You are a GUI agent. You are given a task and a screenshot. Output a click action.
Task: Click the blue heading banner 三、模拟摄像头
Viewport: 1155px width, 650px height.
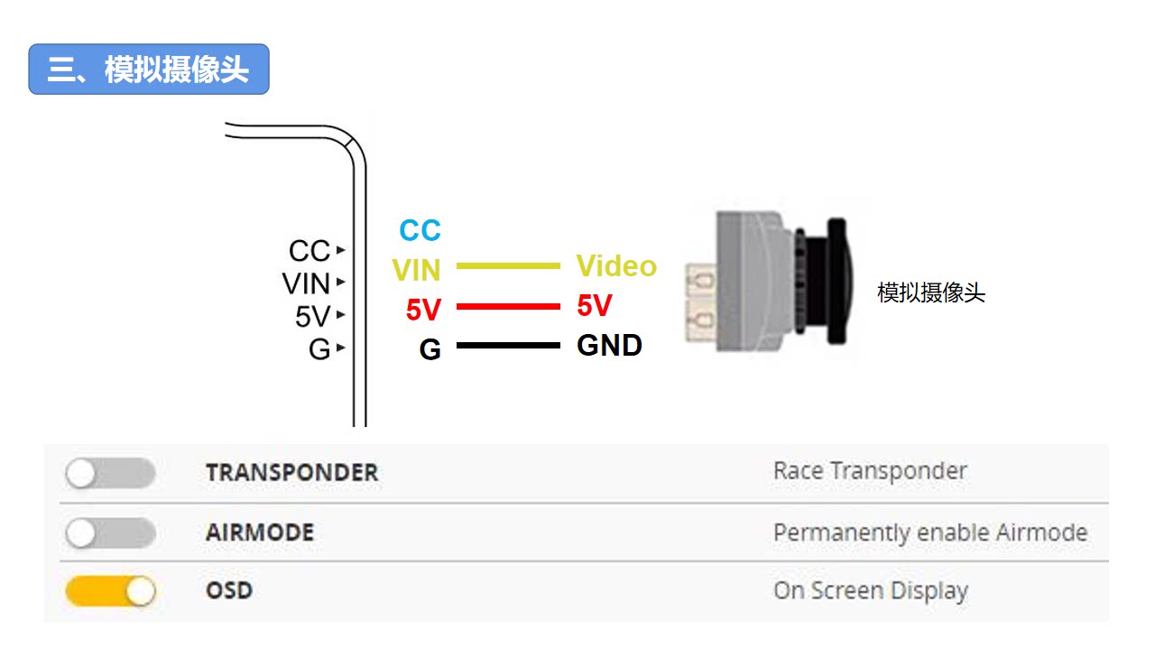coord(149,70)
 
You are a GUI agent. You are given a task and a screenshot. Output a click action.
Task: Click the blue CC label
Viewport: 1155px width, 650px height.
coord(420,230)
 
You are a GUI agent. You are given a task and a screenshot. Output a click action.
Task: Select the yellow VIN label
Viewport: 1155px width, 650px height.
coord(416,270)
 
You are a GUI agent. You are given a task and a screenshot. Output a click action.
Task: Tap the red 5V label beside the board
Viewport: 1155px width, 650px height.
coord(423,310)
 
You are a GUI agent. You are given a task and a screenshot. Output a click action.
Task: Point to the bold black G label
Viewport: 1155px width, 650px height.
coord(430,349)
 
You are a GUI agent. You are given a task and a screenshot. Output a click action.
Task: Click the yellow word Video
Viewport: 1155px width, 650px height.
coord(616,265)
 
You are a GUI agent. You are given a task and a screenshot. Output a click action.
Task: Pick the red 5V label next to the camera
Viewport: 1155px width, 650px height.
coord(595,305)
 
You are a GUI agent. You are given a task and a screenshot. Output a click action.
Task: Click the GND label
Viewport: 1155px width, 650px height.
coord(609,345)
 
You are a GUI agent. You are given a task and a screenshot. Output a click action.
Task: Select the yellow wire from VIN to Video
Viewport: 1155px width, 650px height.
coord(508,266)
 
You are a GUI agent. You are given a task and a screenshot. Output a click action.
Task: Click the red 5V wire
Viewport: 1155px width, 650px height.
coord(508,306)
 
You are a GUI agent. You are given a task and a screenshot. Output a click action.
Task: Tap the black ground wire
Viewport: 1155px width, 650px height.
coord(508,346)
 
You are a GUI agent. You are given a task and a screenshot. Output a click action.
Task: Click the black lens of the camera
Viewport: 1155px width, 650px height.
coord(825,281)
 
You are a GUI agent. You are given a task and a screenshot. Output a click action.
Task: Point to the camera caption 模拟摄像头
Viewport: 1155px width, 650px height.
coord(931,292)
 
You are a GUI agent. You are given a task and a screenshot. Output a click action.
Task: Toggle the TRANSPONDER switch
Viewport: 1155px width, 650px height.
coord(110,472)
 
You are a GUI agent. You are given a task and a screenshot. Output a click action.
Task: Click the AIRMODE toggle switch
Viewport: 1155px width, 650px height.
coord(110,533)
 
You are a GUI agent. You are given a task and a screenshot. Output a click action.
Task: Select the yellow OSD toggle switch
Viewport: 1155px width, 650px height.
coord(110,591)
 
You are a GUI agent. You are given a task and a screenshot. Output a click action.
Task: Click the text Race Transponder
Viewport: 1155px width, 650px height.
coord(870,471)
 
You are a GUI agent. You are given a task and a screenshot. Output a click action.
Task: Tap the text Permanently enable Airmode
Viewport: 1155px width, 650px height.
coord(930,533)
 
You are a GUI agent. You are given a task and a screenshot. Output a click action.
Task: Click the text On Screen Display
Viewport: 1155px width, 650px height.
coord(871,590)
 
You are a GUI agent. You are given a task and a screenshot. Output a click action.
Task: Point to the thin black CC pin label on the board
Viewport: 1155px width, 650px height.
coord(310,251)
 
